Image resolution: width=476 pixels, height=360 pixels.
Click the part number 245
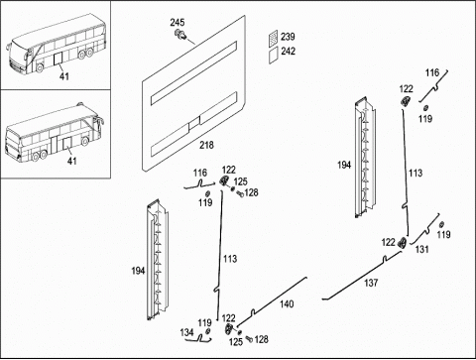click(178, 23)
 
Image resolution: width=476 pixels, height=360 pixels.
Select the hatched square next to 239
click(273, 38)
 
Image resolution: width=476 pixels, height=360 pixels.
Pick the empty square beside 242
click(273, 55)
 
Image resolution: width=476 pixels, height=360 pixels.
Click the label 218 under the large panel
click(206, 145)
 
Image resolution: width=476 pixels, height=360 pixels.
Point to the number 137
click(371, 283)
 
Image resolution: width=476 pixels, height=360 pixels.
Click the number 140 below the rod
click(287, 304)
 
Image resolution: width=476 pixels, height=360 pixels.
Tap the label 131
click(422, 249)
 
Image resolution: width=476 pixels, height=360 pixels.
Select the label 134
click(186, 332)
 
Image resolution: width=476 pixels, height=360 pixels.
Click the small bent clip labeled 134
click(204, 339)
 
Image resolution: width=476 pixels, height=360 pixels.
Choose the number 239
click(288, 37)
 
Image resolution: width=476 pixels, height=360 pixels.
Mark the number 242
click(288, 52)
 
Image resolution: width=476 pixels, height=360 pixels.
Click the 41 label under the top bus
click(64, 76)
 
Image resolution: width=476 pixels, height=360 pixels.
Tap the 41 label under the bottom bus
click(71, 162)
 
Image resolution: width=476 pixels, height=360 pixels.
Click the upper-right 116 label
click(432, 72)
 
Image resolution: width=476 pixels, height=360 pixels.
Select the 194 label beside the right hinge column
click(344, 165)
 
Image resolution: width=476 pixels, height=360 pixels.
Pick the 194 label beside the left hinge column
click(138, 271)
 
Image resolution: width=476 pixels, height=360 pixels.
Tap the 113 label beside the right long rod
click(416, 173)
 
